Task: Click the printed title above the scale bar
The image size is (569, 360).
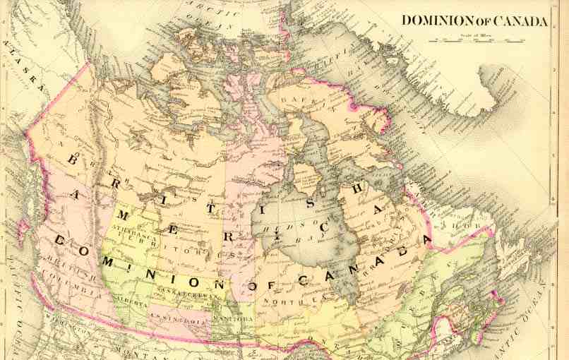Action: pos(474,20)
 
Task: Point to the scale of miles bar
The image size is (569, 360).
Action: pos(480,41)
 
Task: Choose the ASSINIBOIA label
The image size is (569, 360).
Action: pos(187,319)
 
